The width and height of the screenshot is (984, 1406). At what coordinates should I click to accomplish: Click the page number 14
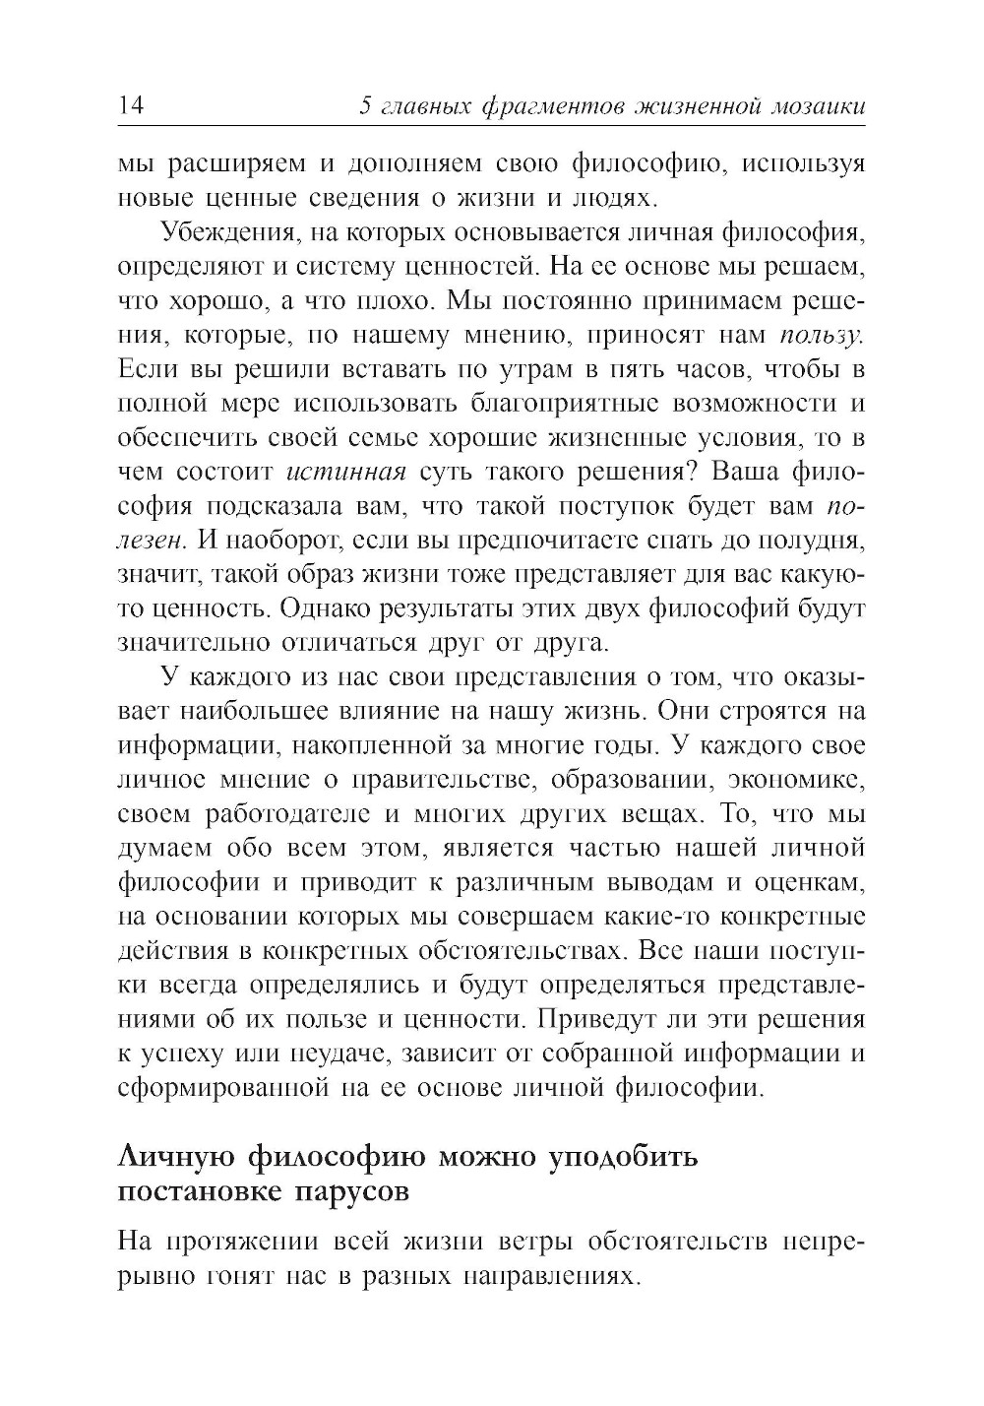click(131, 105)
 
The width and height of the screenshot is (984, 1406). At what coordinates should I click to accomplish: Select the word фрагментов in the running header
click(540, 105)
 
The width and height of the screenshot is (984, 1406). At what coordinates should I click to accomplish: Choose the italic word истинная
click(345, 472)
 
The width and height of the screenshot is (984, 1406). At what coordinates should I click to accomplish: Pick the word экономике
click(795, 780)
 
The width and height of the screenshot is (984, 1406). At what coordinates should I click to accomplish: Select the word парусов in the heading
click(351, 1190)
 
